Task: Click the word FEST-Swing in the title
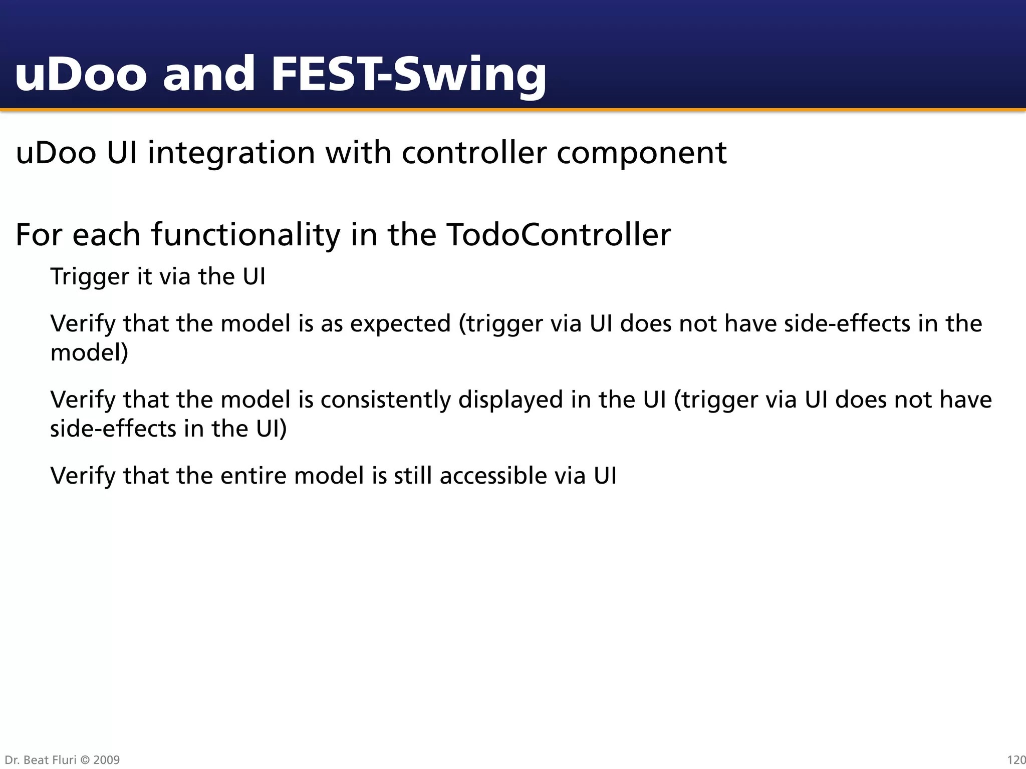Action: pos(408,75)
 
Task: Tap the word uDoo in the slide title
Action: pos(81,75)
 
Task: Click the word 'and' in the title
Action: pos(209,75)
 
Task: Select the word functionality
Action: pos(246,235)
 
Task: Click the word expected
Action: pos(400,324)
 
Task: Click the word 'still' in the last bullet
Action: pos(413,476)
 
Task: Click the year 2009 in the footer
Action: pos(106,760)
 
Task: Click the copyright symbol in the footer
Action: pos(85,760)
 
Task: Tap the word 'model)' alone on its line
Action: pos(89,353)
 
